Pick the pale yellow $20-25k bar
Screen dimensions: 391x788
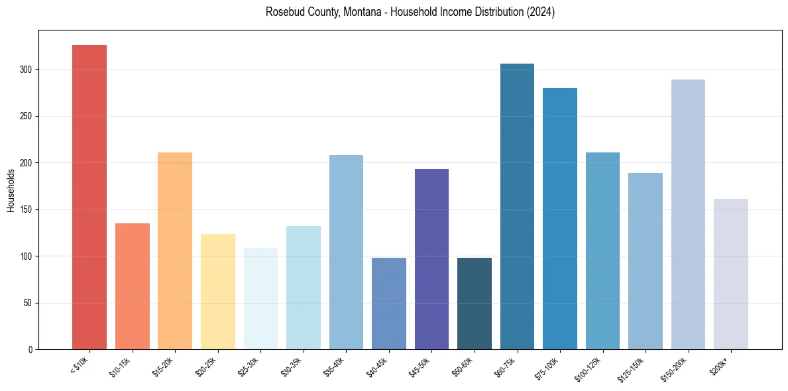click(218, 292)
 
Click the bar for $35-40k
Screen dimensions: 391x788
click(346, 252)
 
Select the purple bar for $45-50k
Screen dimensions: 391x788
click(431, 259)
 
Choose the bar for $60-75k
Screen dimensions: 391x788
click(517, 206)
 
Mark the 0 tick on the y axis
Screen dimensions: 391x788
click(30, 349)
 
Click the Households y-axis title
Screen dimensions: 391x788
click(11, 190)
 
